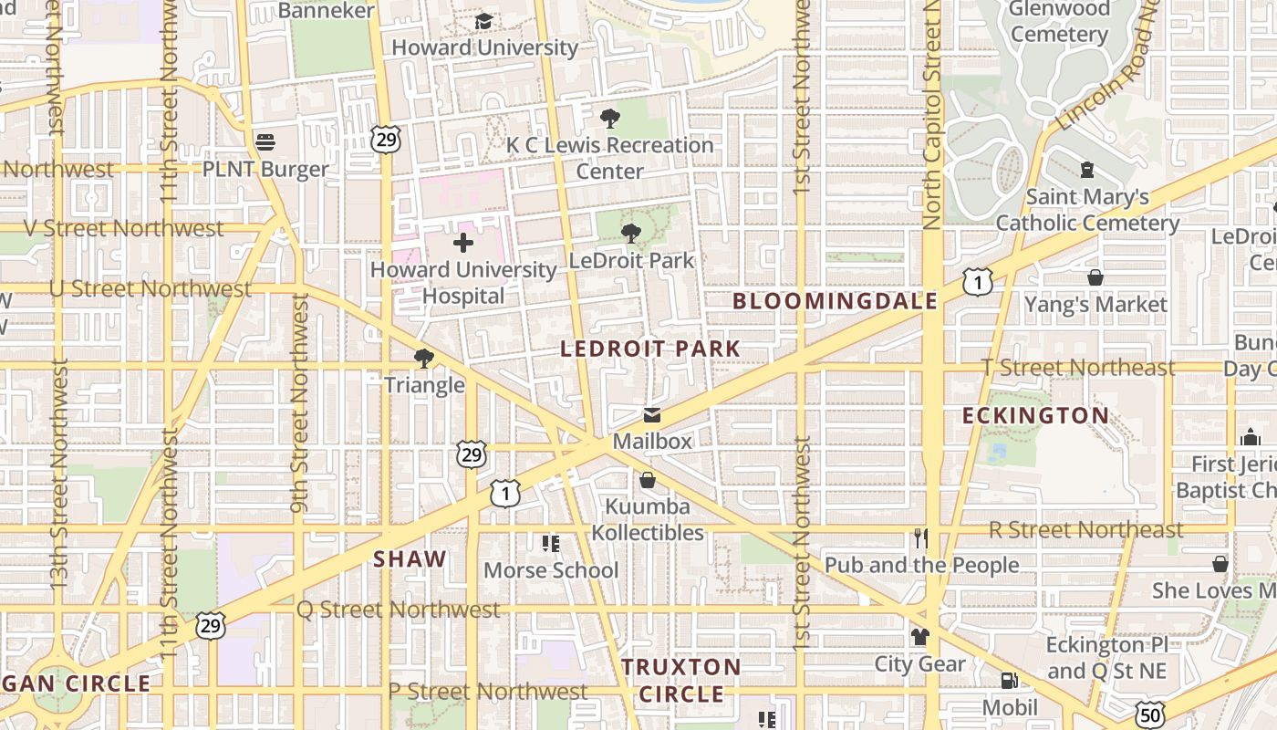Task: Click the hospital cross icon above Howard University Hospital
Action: point(463,243)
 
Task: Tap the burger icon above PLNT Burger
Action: point(265,142)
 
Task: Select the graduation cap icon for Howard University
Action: point(483,21)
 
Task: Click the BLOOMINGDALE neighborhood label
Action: point(835,301)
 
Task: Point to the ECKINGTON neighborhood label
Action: point(1036,416)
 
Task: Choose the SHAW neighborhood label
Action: point(410,559)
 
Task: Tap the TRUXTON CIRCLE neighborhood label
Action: point(681,680)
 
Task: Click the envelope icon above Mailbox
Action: point(652,415)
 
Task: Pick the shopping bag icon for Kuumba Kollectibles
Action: point(648,480)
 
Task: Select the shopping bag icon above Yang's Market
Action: point(1095,277)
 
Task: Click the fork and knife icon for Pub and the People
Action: point(920,538)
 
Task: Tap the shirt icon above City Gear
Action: point(919,637)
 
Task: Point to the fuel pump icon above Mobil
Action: point(1009,681)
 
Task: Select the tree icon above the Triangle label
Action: point(423,359)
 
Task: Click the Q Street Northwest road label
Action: point(399,610)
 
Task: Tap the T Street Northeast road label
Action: point(1078,368)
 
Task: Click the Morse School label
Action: point(551,570)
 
